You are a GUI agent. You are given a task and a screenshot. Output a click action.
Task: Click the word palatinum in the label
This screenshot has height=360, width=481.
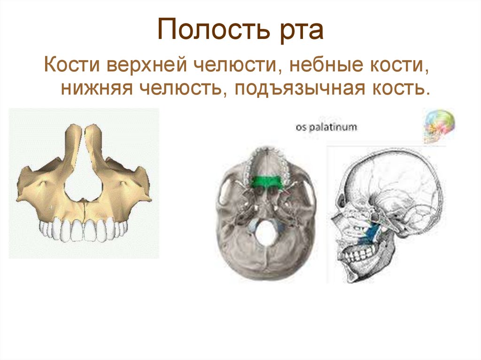(333, 127)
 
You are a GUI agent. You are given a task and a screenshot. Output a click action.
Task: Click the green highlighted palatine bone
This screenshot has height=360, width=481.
(266, 181)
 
